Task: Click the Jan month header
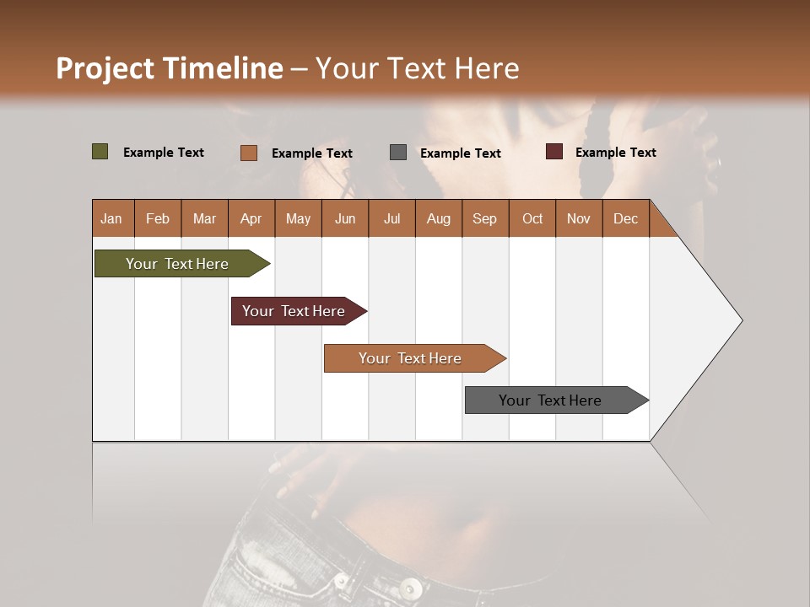point(111,218)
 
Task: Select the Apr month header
point(251,218)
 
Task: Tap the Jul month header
point(391,218)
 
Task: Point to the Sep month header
point(484,218)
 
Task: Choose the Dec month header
point(625,218)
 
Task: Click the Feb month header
point(158,218)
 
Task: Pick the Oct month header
point(532,218)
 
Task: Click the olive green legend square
point(100,152)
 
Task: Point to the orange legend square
point(249,153)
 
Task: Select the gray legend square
point(398,153)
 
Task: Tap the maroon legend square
point(553,152)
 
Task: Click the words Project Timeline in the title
point(169,68)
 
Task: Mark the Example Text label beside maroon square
point(615,152)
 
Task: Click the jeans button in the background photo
point(411,587)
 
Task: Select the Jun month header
point(345,218)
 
